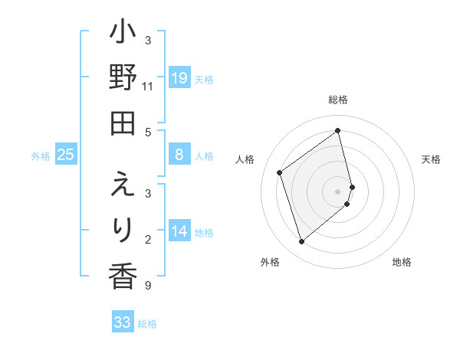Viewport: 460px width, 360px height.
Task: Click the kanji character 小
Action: tap(123, 36)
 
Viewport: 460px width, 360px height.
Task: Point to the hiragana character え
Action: tap(123, 185)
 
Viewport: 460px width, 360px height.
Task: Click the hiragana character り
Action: tap(123, 229)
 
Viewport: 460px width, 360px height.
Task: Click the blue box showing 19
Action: tap(179, 78)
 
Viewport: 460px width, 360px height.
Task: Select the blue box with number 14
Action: tap(179, 231)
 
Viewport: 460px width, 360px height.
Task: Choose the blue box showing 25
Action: tap(66, 155)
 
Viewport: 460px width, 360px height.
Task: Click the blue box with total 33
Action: tap(123, 322)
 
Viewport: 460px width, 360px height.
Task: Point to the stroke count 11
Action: tap(148, 86)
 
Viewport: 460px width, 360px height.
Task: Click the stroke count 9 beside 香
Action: tap(148, 286)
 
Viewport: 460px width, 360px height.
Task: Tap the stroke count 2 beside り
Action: tap(148, 240)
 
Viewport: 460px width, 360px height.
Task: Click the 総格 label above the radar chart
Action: tap(338, 100)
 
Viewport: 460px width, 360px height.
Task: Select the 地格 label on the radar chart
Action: tap(402, 262)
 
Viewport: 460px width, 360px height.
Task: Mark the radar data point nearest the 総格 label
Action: tap(338, 131)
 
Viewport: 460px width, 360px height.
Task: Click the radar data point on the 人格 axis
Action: tap(280, 172)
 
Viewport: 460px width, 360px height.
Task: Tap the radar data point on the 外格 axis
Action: tap(302, 242)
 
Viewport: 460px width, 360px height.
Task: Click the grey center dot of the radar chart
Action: tap(338, 190)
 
